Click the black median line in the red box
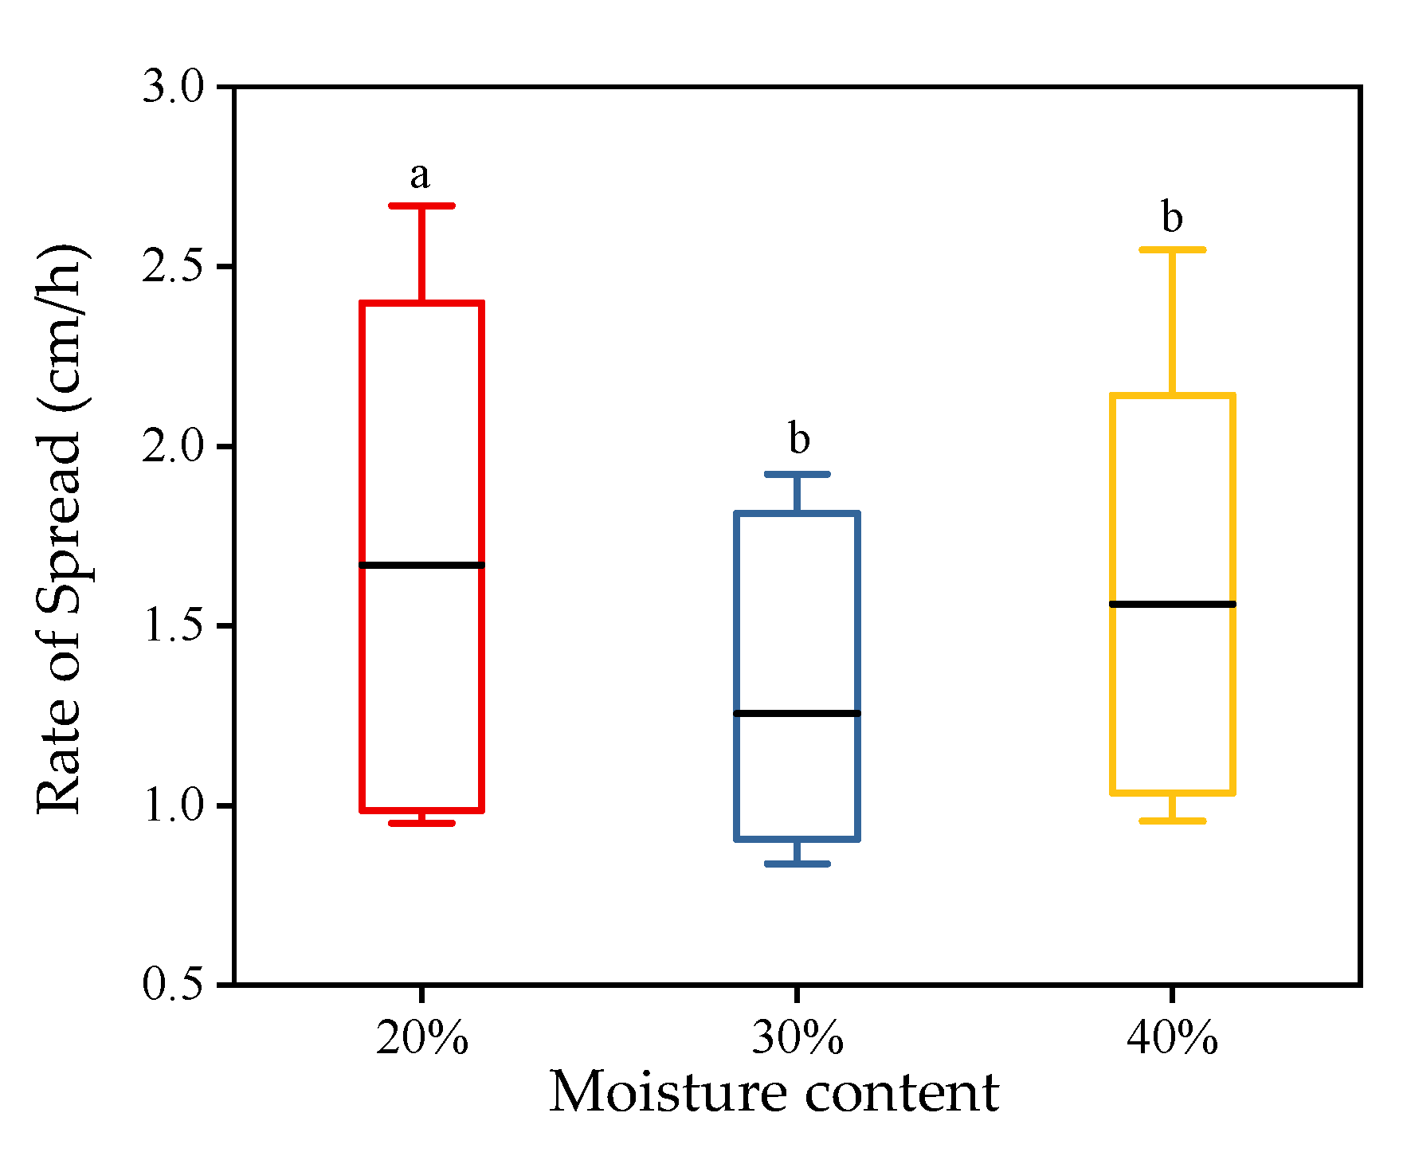pyautogui.click(x=421, y=565)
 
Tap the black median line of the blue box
pyautogui.click(x=797, y=713)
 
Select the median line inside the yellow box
pyautogui.click(x=1172, y=604)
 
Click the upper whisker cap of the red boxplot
pyautogui.click(x=421, y=206)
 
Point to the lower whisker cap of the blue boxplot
pyautogui.click(x=797, y=864)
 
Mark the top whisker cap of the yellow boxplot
pyautogui.click(x=1172, y=249)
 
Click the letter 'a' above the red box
pyautogui.click(x=420, y=175)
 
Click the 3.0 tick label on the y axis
pyautogui.click(x=172, y=86)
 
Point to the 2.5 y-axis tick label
pyautogui.click(x=172, y=266)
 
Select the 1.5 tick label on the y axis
pyautogui.click(x=172, y=626)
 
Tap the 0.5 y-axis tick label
pyautogui.click(x=172, y=985)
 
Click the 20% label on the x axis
pyautogui.click(x=421, y=1038)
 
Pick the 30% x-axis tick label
pyautogui.click(x=797, y=1038)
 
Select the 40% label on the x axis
pyautogui.click(x=1172, y=1038)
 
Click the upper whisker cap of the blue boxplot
pyautogui.click(x=797, y=474)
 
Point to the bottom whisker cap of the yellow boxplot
pyautogui.click(x=1172, y=821)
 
